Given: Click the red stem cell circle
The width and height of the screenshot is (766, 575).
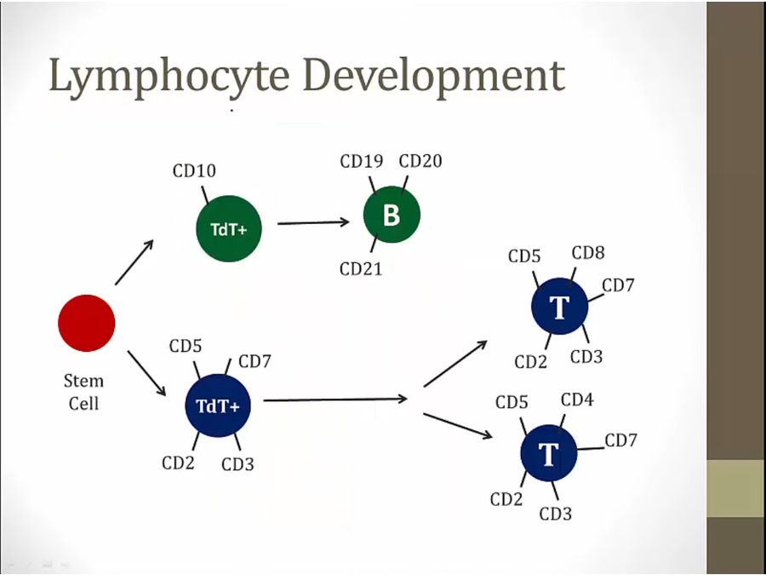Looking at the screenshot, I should (87, 323).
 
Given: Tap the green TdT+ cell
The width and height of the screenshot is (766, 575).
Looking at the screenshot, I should (227, 228).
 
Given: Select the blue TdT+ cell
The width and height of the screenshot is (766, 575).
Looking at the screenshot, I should (218, 405).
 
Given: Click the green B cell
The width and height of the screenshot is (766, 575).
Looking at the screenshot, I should (392, 216).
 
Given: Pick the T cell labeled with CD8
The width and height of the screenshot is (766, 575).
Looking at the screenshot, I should (559, 308).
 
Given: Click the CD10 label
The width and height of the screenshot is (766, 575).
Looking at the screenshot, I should (194, 171).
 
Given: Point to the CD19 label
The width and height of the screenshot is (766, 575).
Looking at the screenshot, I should (362, 161).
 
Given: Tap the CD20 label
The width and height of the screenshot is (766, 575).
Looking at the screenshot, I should (420, 161).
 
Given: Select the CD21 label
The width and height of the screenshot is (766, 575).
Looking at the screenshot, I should (361, 269).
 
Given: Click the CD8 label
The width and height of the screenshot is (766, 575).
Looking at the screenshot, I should (588, 253).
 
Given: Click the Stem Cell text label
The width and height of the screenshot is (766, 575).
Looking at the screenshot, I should (83, 392).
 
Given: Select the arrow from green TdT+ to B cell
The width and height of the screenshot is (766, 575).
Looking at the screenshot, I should (313, 223).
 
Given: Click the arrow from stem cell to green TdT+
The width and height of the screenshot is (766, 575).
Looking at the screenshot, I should (134, 262).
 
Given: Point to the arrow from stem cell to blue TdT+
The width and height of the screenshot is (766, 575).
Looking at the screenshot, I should (146, 373).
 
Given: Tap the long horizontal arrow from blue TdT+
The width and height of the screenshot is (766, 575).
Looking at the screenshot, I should (335, 399).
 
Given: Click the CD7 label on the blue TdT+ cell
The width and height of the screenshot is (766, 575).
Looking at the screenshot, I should (254, 361).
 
